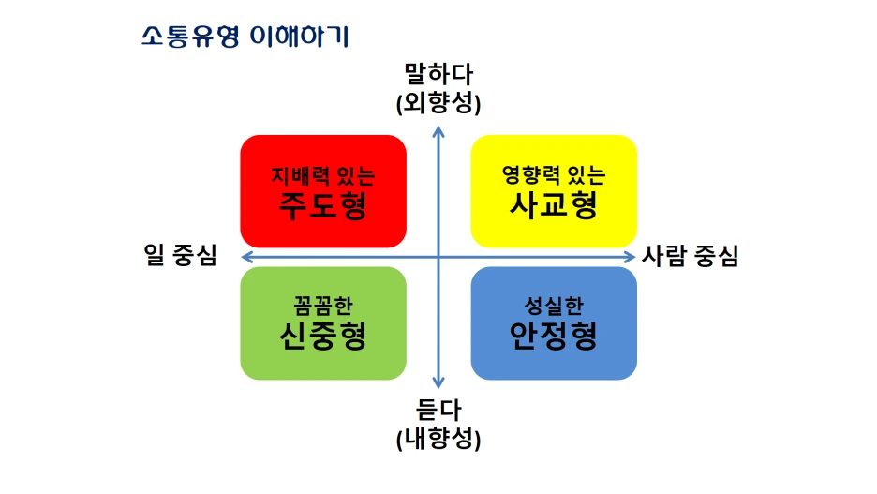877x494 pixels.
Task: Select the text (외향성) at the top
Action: coord(438,103)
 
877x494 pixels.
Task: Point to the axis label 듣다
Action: coord(438,411)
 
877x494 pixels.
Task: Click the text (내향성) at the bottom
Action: coord(438,438)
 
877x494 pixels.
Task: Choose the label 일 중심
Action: coord(181,256)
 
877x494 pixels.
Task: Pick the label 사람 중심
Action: coord(691,256)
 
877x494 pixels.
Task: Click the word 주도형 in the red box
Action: coord(322,203)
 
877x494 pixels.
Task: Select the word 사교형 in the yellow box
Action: coord(554,203)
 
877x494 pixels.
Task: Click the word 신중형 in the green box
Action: coord(322,335)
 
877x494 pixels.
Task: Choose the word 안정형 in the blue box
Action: coord(554,335)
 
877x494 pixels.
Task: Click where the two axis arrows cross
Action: coord(438,256)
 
